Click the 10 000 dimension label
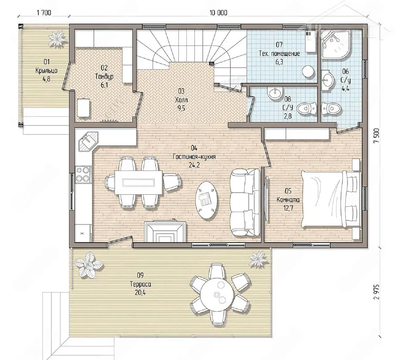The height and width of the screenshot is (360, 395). click(218, 13)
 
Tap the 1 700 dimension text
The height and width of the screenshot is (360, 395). click(44, 13)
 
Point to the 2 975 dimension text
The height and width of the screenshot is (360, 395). click(376, 292)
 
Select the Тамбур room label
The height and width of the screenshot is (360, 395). click(104, 77)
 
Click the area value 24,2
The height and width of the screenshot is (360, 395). click(194, 165)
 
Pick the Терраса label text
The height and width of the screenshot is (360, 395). click(140, 284)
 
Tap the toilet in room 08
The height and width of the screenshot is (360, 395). click(306, 108)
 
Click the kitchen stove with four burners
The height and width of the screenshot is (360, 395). click(83, 175)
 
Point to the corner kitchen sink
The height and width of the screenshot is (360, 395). click(88, 141)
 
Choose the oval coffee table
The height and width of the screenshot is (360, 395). click(206, 200)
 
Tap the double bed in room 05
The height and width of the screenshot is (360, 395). click(332, 199)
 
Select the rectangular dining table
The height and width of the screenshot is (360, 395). click(139, 182)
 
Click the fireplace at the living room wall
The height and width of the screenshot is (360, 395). click(165, 232)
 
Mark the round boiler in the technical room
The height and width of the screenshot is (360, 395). click(308, 71)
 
